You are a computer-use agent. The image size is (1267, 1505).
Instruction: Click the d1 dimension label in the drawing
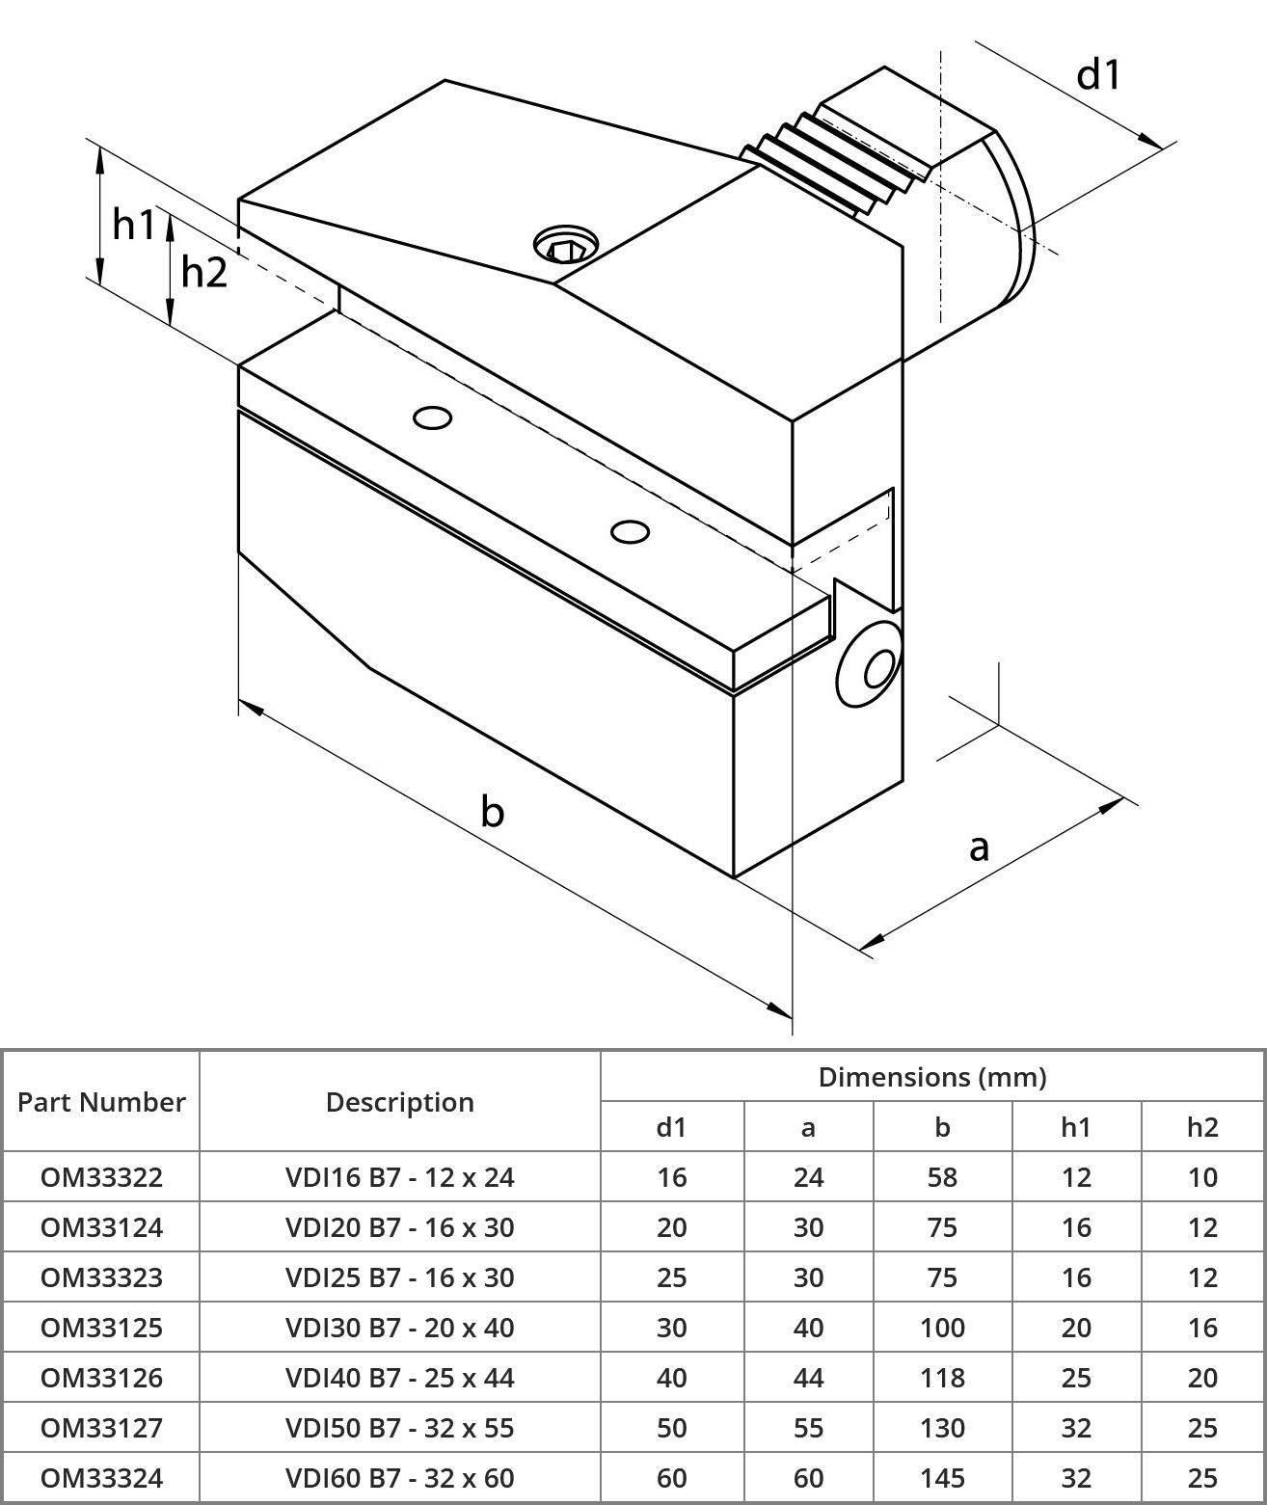[1099, 74]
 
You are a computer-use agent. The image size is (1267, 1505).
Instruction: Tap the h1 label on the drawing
[133, 225]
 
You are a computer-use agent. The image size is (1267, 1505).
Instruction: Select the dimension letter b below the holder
[492, 812]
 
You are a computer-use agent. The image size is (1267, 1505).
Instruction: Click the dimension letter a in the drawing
[979, 847]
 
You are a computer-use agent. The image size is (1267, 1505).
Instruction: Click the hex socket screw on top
[566, 245]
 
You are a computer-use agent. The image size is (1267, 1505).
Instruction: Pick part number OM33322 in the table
[101, 1177]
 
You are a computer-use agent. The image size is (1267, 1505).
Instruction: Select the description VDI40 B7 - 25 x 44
[399, 1378]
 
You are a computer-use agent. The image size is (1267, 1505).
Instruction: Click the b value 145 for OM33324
[942, 1478]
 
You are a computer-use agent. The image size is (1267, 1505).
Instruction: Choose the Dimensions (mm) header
[931, 1077]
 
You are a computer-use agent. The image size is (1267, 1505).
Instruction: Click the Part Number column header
[101, 1102]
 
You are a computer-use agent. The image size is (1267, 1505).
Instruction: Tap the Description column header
[399, 1102]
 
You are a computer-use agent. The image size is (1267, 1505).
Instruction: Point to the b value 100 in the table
[942, 1328]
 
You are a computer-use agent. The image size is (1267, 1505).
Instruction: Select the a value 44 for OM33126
[808, 1378]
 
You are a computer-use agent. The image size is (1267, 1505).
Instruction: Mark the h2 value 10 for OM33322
[1202, 1177]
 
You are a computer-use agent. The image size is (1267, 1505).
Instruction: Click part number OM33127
[101, 1428]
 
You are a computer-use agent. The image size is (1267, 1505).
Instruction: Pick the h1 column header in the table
[1076, 1127]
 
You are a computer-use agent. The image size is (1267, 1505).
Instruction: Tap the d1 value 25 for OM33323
[671, 1277]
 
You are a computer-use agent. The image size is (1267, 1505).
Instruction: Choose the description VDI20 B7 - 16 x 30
[399, 1227]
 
